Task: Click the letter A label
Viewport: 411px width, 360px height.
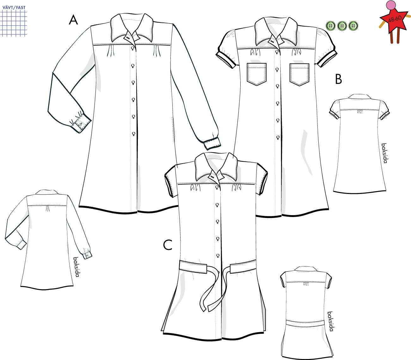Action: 73,20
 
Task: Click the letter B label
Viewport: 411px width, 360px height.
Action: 339,79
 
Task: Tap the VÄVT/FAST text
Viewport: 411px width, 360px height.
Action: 14,8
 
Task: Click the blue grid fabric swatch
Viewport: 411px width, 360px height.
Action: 14,23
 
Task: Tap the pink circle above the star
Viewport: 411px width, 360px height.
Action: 391,5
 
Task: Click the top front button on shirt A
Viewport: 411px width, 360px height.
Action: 133,48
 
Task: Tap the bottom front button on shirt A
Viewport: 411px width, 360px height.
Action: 134,134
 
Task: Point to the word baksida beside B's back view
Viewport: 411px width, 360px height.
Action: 384,153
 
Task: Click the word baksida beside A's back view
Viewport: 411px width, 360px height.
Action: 76,267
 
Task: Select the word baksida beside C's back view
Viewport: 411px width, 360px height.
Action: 330,321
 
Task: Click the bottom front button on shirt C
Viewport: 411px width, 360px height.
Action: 218,256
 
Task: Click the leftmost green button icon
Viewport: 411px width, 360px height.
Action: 331,26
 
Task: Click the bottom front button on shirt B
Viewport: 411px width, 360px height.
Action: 278,138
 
